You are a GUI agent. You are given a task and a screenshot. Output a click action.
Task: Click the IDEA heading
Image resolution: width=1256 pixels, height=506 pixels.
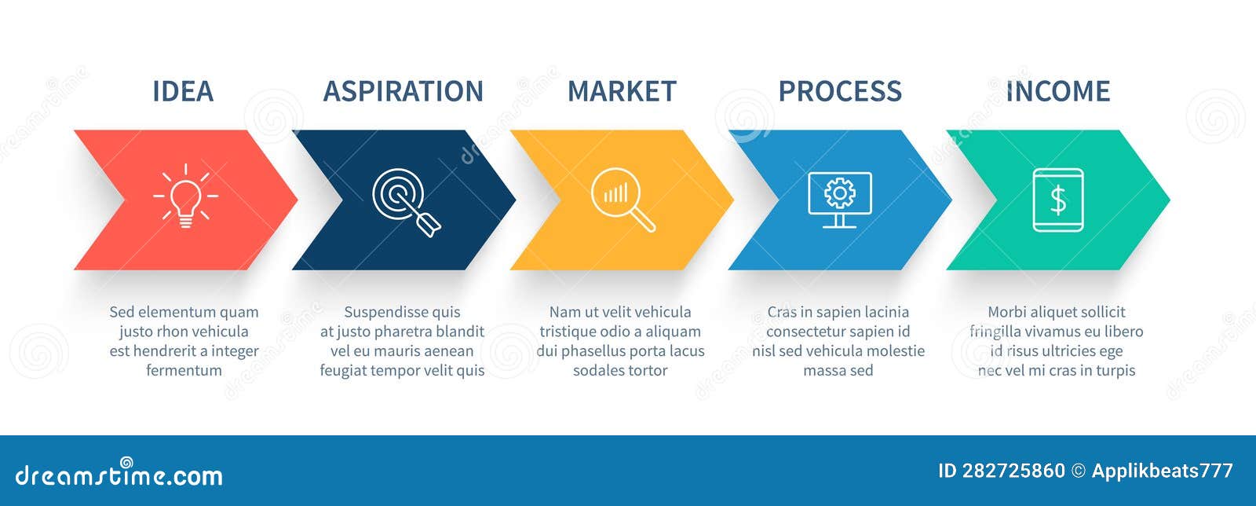[x=182, y=91]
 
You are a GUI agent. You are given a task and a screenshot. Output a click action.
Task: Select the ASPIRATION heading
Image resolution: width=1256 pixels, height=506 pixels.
[x=403, y=91]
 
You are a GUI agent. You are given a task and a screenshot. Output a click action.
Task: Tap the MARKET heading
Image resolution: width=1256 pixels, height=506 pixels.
[x=621, y=91]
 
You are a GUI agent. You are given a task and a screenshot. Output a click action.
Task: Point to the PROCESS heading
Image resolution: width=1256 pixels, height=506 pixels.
[x=839, y=91]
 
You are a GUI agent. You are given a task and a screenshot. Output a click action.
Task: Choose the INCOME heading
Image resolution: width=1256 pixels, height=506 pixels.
[x=1057, y=91]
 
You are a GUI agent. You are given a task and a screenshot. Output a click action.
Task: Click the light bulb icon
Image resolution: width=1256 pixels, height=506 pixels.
[x=185, y=196]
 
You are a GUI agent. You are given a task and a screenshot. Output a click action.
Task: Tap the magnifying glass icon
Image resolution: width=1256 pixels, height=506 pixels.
[x=622, y=200]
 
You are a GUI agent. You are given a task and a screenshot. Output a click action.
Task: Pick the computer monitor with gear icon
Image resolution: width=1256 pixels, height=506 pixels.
[x=839, y=200]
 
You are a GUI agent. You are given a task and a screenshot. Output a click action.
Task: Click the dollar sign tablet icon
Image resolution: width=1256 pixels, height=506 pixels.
[x=1057, y=200]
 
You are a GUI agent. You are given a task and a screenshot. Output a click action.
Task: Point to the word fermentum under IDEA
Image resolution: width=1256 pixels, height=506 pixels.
[x=184, y=370]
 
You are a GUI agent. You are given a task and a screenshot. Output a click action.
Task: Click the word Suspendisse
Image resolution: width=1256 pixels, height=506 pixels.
[x=381, y=312]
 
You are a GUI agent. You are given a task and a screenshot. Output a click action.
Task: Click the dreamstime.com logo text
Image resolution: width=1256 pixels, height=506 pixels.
[x=119, y=475]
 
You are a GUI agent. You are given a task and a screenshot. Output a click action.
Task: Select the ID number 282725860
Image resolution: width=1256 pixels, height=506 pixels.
[x=1013, y=471]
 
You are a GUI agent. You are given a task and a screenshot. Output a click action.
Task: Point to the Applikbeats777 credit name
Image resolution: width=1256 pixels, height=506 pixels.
[x=1162, y=471]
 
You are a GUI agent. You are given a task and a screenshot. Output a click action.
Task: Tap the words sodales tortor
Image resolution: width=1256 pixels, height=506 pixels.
[x=620, y=370]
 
